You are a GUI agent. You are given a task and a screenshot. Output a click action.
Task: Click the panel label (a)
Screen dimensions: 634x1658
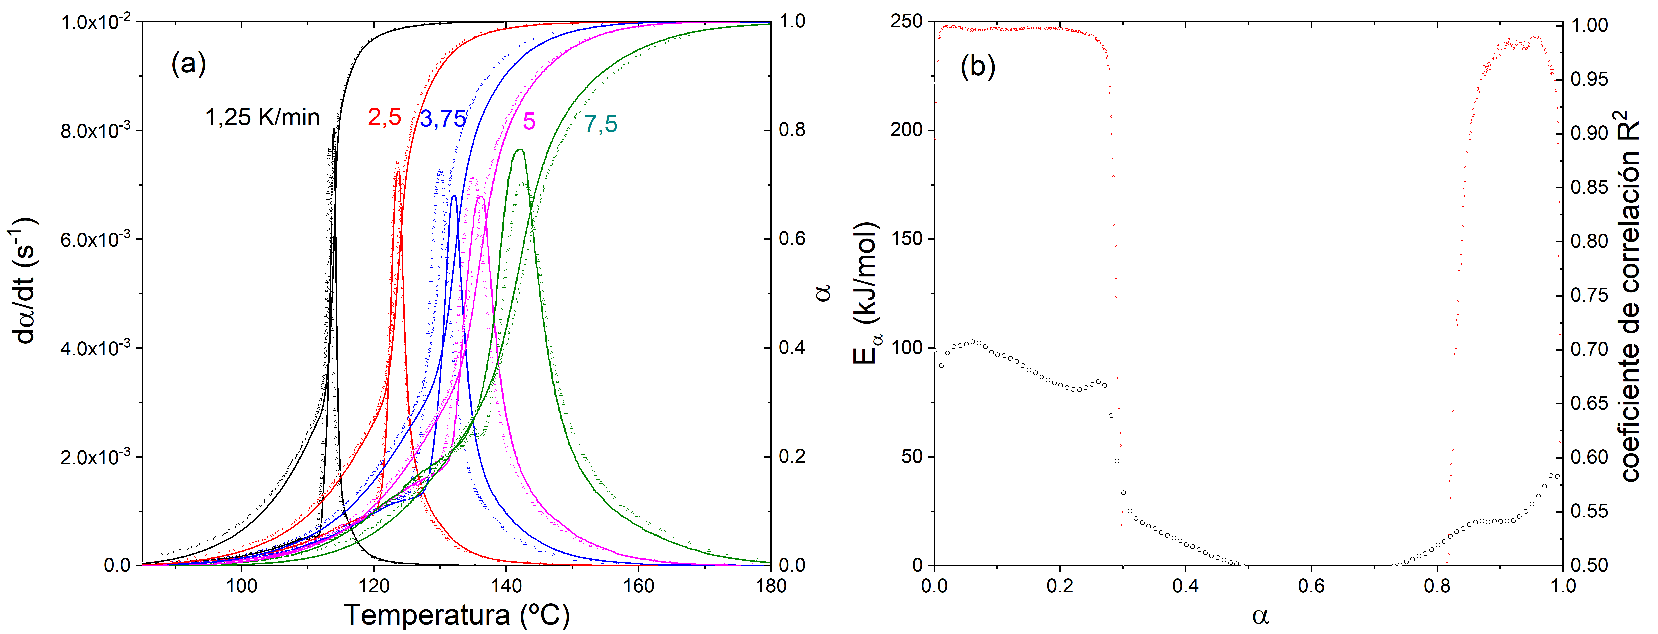pos(188,64)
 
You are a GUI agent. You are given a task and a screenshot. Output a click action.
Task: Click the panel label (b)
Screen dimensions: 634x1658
pos(977,67)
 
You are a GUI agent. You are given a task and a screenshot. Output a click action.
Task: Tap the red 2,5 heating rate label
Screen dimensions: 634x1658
pos(384,117)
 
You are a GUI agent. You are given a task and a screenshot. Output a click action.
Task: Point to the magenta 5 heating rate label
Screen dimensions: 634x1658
pos(529,121)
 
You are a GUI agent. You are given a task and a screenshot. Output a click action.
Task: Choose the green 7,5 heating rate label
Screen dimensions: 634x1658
pos(600,124)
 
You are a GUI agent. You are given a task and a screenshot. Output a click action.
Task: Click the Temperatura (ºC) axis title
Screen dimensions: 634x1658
pos(456,615)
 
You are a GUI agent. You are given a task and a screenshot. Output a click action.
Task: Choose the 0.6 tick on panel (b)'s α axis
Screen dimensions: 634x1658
pos(1311,586)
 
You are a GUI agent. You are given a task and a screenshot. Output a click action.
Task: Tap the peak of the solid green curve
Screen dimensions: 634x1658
pos(520,150)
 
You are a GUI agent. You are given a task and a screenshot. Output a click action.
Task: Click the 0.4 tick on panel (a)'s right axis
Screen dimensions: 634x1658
pos(792,348)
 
